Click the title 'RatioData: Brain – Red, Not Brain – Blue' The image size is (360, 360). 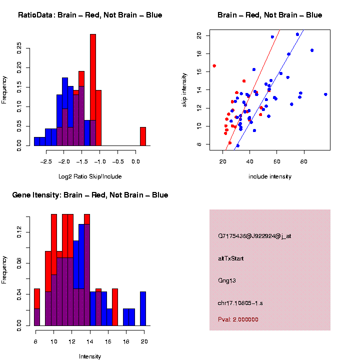90,15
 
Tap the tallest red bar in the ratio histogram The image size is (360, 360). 93,90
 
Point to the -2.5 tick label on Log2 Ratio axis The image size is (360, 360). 46,161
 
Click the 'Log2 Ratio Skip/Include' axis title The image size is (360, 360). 90,176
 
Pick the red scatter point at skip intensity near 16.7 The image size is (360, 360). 214,65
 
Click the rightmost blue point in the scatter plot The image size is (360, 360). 325,94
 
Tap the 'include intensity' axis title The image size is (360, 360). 270,176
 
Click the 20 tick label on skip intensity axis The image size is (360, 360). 199,35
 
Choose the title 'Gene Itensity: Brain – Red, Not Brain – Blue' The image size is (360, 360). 90,195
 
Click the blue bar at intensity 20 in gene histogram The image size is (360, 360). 143,309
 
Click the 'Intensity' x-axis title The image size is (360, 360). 90,356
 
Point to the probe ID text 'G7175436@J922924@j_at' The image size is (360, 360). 254,236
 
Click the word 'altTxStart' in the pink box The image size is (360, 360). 231,258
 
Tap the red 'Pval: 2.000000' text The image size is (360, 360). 238,319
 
